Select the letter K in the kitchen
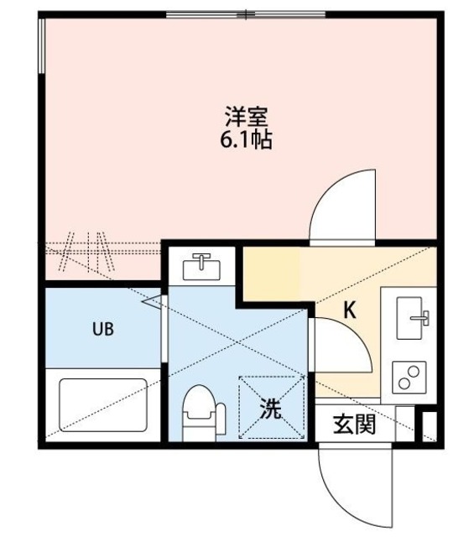[x=350, y=310]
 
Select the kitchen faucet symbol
[x=422, y=318]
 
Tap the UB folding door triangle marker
[x=151, y=301]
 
